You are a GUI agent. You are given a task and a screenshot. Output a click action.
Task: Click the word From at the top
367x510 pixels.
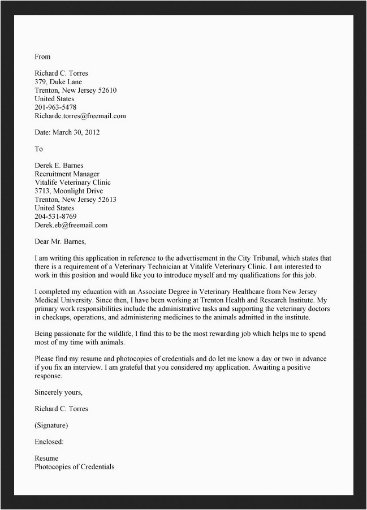pyautogui.click(x=42, y=57)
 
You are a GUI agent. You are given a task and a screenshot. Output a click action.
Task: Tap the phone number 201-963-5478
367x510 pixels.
pyautogui.click(x=55, y=107)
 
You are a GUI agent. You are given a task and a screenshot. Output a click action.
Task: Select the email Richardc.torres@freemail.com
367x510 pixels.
pyautogui.click(x=80, y=116)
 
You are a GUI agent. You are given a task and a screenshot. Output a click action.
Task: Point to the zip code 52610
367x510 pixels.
pyautogui.click(x=107, y=90)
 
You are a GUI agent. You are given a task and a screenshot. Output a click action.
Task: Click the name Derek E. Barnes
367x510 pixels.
pyautogui.click(x=59, y=166)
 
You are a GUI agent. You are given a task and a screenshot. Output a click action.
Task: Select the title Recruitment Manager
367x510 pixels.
pyautogui.click(x=67, y=174)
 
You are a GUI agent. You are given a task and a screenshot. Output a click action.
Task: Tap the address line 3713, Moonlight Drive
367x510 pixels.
pyautogui.click(x=68, y=191)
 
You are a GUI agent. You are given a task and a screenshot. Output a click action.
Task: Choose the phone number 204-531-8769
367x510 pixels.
pyautogui.click(x=55, y=217)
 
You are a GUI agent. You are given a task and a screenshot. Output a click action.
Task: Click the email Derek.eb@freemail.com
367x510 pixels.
pyautogui.click(x=71, y=225)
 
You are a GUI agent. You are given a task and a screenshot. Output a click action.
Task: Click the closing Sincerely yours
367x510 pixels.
pyautogui.click(x=58, y=392)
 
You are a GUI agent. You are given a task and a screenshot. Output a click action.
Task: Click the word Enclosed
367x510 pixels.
pyautogui.click(x=49, y=442)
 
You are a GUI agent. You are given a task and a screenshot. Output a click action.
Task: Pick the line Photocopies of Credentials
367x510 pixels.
pyautogui.click(x=74, y=466)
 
